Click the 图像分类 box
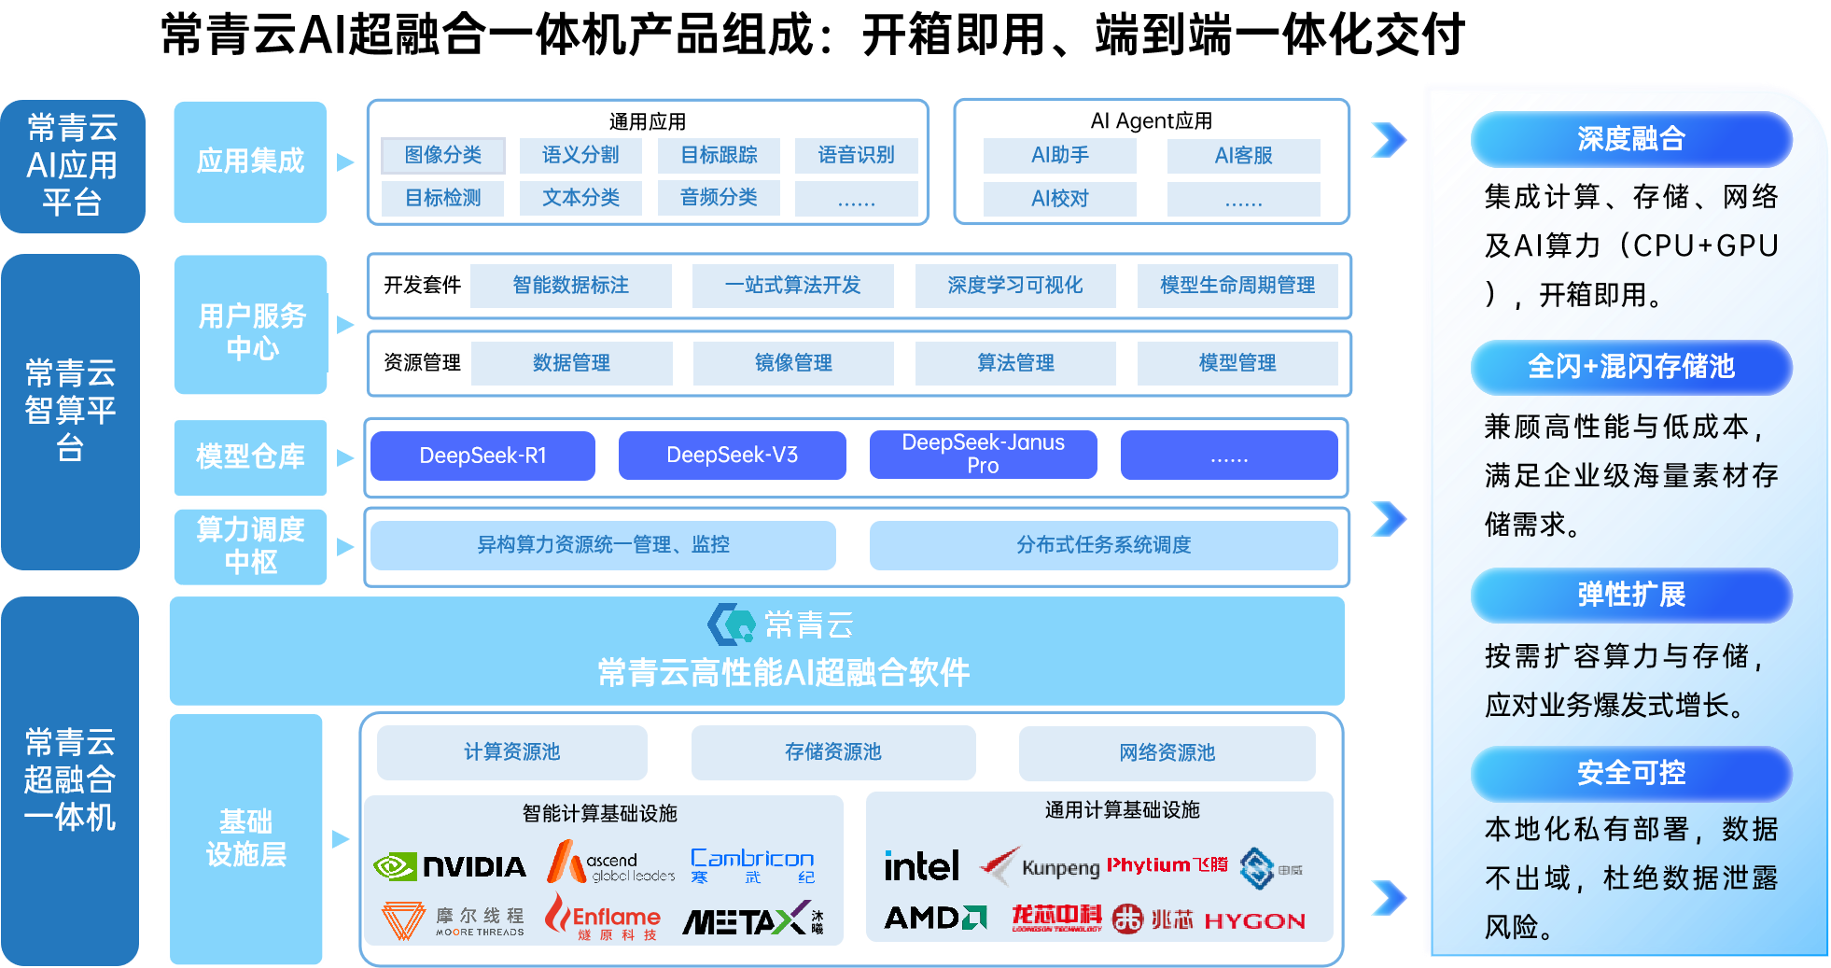point(443,155)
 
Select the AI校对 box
point(1059,199)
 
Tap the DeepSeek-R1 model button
point(482,456)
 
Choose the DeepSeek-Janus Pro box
point(983,454)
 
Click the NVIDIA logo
point(450,866)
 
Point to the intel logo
point(921,866)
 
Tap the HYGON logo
point(1254,921)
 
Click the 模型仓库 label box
point(250,456)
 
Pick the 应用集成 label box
point(250,161)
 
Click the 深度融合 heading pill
point(1631,139)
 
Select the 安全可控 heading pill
point(1631,773)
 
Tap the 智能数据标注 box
point(570,286)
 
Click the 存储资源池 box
point(832,752)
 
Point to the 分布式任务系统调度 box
point(1103,545)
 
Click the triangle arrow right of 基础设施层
point(341,839)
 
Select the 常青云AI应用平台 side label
point(72,166)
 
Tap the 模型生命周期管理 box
point(1237,286)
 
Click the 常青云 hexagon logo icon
point(731,624)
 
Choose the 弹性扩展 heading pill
point(1631,595)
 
